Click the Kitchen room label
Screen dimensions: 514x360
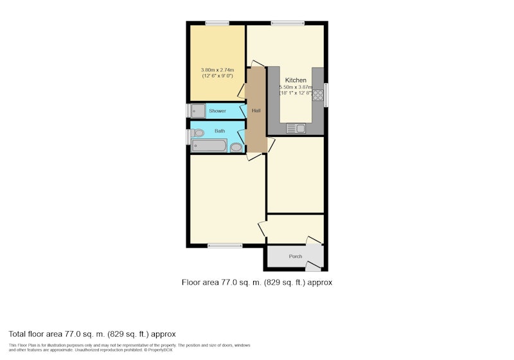296,80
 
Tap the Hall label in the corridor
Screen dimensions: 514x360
256,111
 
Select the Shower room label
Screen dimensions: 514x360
217,111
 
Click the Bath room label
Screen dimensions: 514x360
220,130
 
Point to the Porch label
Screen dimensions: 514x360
296,256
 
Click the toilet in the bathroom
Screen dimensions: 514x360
197,133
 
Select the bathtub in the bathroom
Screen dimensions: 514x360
209,145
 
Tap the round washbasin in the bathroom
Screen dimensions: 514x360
236,148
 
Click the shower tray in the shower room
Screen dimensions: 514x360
198,111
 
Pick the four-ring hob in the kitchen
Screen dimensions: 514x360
317,95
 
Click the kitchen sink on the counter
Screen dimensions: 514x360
296,128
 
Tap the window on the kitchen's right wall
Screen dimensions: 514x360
326,95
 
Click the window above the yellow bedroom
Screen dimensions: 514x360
217,23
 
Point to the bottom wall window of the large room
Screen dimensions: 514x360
226,246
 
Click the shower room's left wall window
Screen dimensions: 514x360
188,111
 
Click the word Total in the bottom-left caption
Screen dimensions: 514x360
17,334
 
